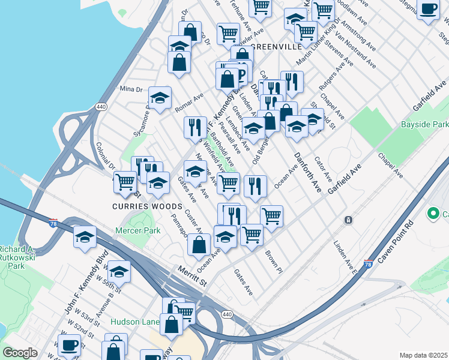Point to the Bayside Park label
click(424, 124)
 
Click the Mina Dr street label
click(131, 89)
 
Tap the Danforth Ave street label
click(308, 172)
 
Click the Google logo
click(20, 353)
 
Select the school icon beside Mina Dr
click(160, 98)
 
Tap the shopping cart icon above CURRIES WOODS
click(125, 181)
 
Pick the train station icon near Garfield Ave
click(348, 220)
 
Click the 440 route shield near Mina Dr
click(100, 107)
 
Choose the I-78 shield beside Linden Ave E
click(368, 264)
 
